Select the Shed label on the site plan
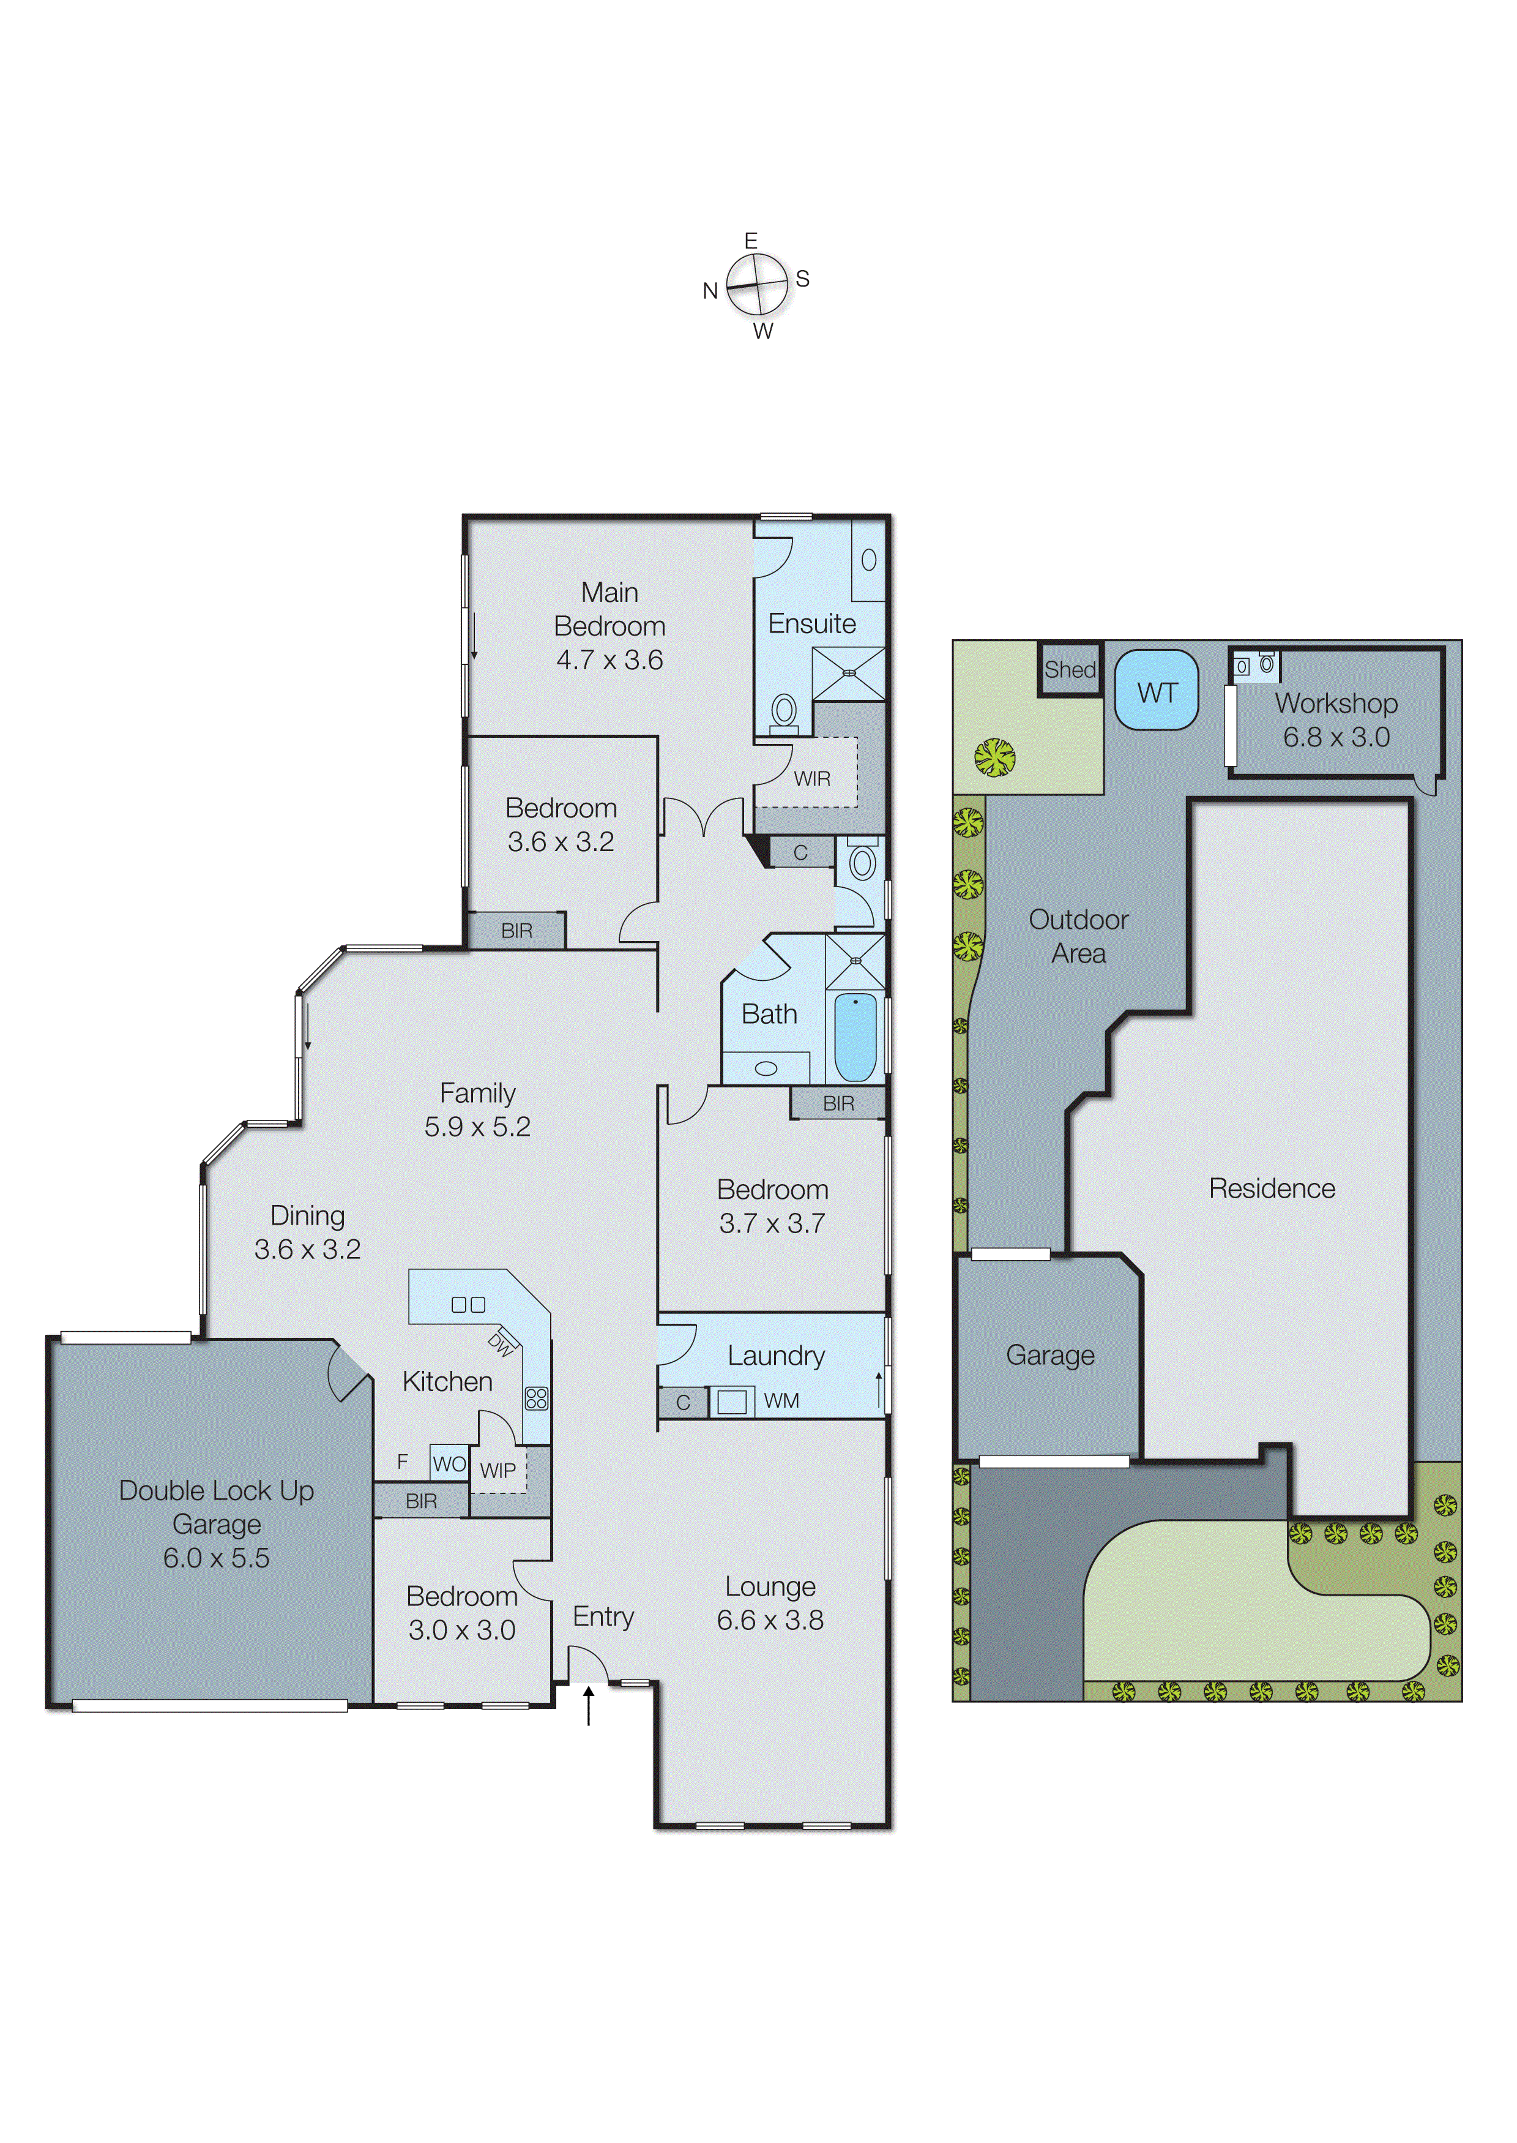(x=1070, y=669)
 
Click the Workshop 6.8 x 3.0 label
(x=1336, y=719)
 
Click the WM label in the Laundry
(x=781, y=1400)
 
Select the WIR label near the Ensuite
(x=812, y=778)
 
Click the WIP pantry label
(x=498, y=1470)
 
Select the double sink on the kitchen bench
(x=468, y=1305)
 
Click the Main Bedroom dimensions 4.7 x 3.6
(x=609, y=660)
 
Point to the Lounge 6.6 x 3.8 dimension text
(x=770, y=1619)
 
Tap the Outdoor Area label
(x=1078, y=936)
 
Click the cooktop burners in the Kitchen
(x=536, y=1398)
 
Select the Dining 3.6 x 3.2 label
(x=307, y=1232)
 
